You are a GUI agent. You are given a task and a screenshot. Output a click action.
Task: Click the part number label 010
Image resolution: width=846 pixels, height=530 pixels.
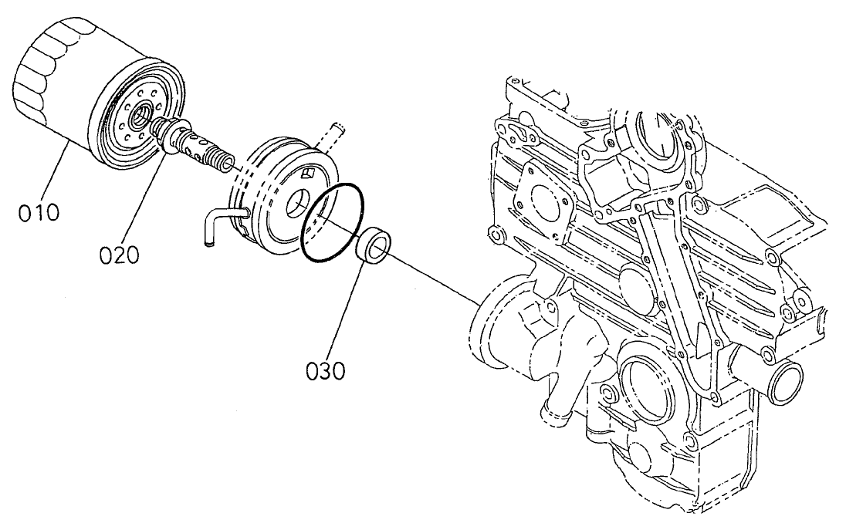coord(38,211)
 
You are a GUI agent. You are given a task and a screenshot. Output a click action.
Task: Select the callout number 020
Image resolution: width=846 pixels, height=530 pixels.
coord(120,254)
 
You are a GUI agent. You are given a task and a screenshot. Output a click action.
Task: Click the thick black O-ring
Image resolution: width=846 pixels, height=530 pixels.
coord(333,224)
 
